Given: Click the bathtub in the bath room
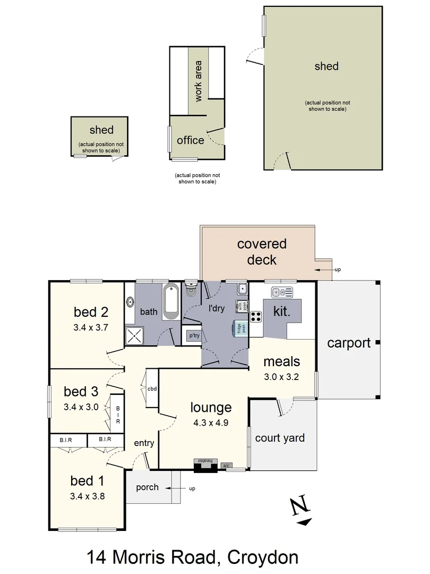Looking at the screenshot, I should [x=171, y=302].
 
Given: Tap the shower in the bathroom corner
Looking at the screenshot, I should [x=134, y=335].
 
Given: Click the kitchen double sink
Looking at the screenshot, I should [x=282, y=292].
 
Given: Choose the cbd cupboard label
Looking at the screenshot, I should [x=152, y=388].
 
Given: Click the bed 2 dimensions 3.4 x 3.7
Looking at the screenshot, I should [x=91, y=327].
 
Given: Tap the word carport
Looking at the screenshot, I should [x=348, y=343].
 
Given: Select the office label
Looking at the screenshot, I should [x=190, y=140].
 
